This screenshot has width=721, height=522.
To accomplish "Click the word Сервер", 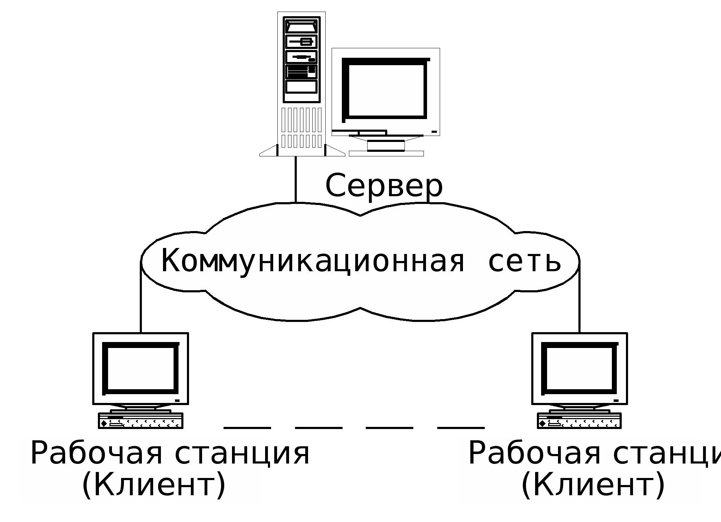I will [384, 186].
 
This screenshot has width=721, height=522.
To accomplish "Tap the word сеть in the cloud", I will [524, 261].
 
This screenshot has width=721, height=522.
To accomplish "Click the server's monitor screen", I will [386, 90].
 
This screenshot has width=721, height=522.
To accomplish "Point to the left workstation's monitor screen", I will [140, 368].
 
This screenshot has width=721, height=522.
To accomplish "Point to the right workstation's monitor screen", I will [579, 368].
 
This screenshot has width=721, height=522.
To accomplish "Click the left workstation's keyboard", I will [140, 421].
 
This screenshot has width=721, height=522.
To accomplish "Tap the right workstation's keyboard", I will [579, 421].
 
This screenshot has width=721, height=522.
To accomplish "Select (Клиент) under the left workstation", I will [154, 485].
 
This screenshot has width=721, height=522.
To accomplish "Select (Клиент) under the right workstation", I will [593, 485].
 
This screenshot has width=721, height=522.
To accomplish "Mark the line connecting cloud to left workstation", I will [141, 303].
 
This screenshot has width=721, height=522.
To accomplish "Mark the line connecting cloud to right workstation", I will [579, 303].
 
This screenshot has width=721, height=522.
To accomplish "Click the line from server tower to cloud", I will [295, 180].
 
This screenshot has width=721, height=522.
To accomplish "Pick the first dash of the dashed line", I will [247, 428].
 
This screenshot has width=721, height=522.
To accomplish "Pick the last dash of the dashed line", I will [461, 428].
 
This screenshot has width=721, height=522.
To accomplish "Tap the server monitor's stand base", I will [386, 153].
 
